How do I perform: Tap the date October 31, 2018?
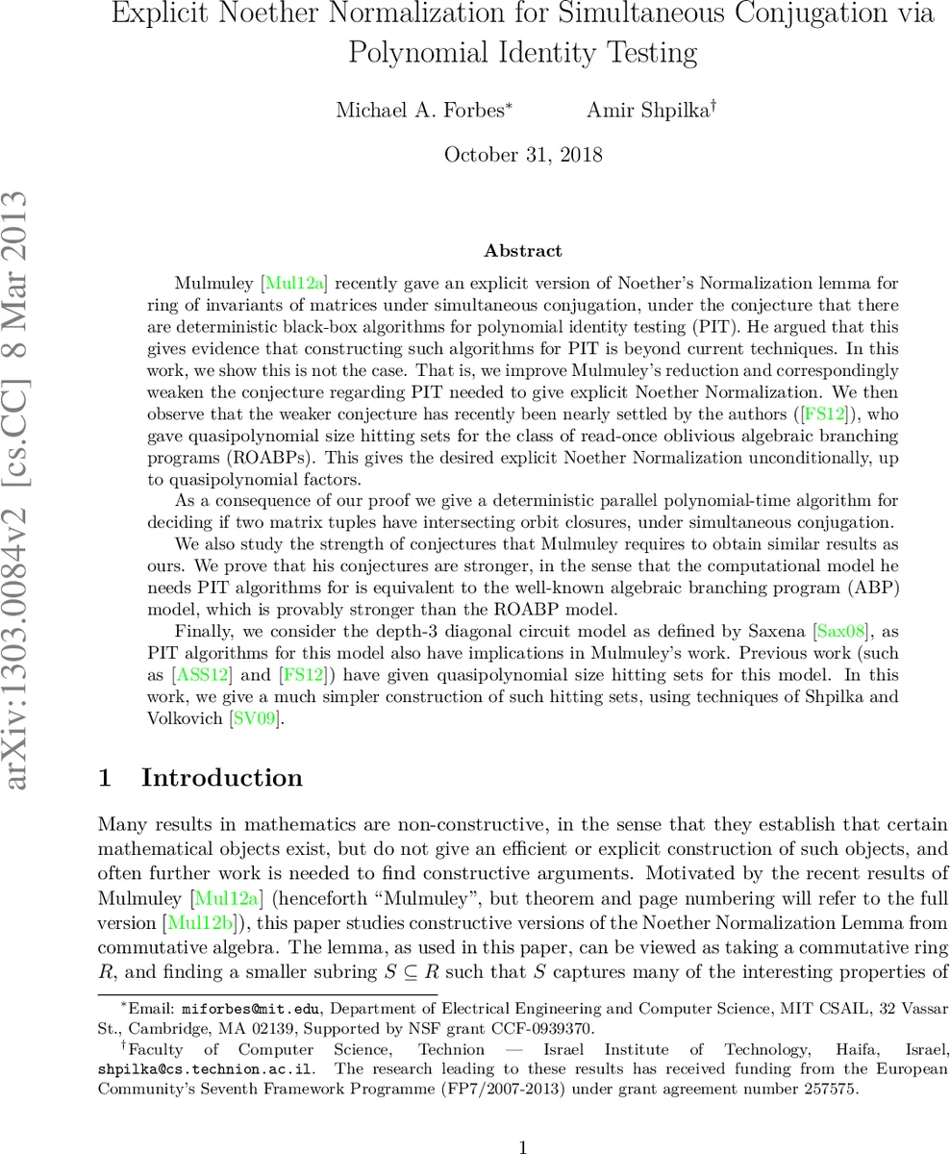(523, 155)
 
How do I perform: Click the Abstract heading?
(523, 251)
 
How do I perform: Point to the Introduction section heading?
(221, 778)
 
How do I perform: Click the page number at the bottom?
(523, 1146)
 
